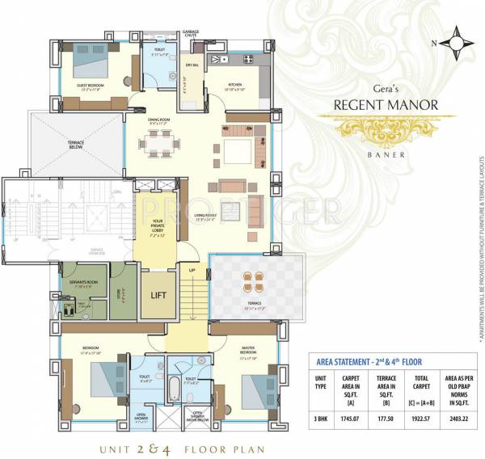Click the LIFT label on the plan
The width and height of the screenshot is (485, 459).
click(x=158, y=295)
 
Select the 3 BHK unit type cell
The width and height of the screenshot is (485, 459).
click(x=321, y=419)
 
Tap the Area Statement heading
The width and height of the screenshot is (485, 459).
click(x=368, y=361)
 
